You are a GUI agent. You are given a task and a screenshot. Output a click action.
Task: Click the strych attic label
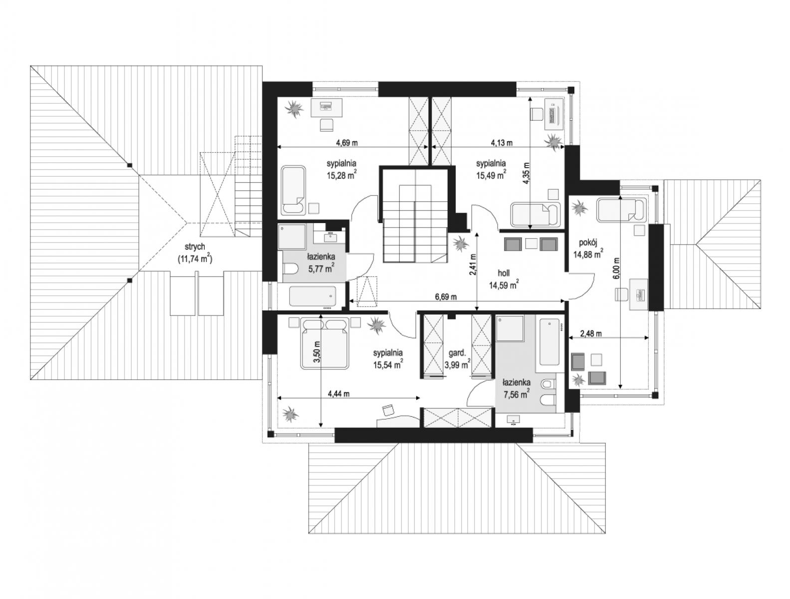tap(195, 247)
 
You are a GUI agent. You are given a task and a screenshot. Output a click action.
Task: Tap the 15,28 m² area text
tap(341, 175)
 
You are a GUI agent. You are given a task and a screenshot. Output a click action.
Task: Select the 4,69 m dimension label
tap(347, 143)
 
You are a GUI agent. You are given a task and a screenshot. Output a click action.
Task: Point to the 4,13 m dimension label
tap(502, 143)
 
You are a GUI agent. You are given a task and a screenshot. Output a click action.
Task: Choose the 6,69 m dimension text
tap(446, 297)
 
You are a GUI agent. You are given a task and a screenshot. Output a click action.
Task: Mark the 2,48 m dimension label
tap(590, 334)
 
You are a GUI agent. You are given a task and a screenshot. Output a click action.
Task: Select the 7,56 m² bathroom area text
tap(517, 394)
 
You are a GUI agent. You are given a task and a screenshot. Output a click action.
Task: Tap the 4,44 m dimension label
tap(339, 394)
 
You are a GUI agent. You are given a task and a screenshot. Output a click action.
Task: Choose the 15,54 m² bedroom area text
tap(388, 365)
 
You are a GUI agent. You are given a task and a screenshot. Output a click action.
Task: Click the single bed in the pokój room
tap(621, 210)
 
